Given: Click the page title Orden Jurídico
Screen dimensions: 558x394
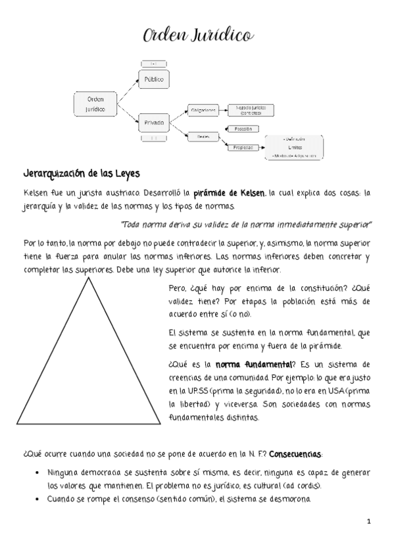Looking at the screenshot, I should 197,36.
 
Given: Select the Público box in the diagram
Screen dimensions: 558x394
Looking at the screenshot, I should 153,80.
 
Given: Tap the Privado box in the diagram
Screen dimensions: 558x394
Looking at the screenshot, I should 153,122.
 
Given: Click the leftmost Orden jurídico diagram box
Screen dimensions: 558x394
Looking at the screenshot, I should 95,104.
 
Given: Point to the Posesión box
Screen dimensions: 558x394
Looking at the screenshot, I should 242,129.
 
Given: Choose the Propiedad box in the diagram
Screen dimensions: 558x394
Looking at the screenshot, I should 242,147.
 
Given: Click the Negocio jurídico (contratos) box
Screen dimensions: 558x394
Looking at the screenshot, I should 250,110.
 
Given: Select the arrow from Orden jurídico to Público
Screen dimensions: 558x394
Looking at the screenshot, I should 128,91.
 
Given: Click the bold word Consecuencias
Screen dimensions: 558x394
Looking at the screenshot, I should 296,455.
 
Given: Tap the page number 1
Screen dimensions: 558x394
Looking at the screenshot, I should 369,522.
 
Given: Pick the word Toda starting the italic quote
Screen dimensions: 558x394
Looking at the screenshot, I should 132,224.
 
